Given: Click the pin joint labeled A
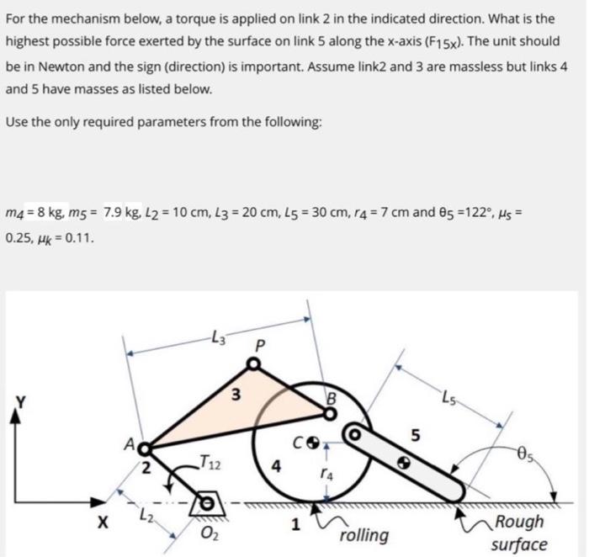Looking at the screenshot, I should [144, 448].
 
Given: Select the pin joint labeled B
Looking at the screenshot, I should [327, 411].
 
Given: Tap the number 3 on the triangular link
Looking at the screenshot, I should [237, 395].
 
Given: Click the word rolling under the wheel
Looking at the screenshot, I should [363, 535].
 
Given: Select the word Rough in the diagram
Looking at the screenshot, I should [520, 522].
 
